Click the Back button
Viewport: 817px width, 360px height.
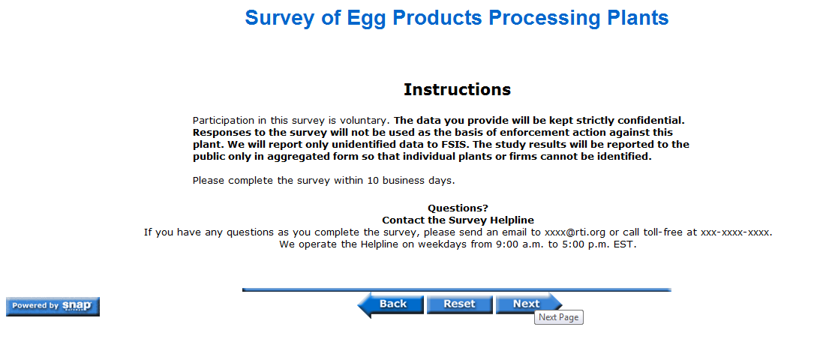click(390, 304)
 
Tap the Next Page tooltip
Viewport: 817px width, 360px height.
click(559, 317)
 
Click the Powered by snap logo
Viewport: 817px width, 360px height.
click(53, 306)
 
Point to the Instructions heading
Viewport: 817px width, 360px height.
click(457, 89)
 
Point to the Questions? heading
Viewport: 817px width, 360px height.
click(458, 208)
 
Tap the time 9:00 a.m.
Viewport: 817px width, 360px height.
click(518, 244)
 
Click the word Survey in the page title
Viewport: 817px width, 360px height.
click(279, 19)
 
